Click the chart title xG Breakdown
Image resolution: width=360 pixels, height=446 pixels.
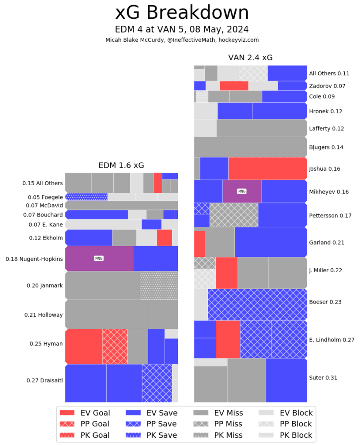182,13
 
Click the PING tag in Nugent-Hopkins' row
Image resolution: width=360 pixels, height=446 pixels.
99,258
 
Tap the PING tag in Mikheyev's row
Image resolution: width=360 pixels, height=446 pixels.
241,191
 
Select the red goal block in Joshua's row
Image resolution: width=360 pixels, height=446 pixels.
268,169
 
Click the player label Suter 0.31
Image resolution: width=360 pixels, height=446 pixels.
323,378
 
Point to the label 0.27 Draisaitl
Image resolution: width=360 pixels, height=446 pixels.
45,380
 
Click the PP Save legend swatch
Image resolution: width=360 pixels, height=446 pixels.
133,424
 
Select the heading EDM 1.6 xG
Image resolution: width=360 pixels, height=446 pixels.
121,166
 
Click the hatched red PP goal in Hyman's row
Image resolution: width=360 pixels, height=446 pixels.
115,346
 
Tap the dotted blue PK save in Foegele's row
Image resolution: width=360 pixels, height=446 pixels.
86,197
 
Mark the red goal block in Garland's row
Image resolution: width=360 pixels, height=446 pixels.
199,244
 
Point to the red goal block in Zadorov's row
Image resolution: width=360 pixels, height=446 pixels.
234,86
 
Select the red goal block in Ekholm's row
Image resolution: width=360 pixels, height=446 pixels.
164,238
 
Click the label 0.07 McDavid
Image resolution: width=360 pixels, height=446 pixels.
44,205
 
